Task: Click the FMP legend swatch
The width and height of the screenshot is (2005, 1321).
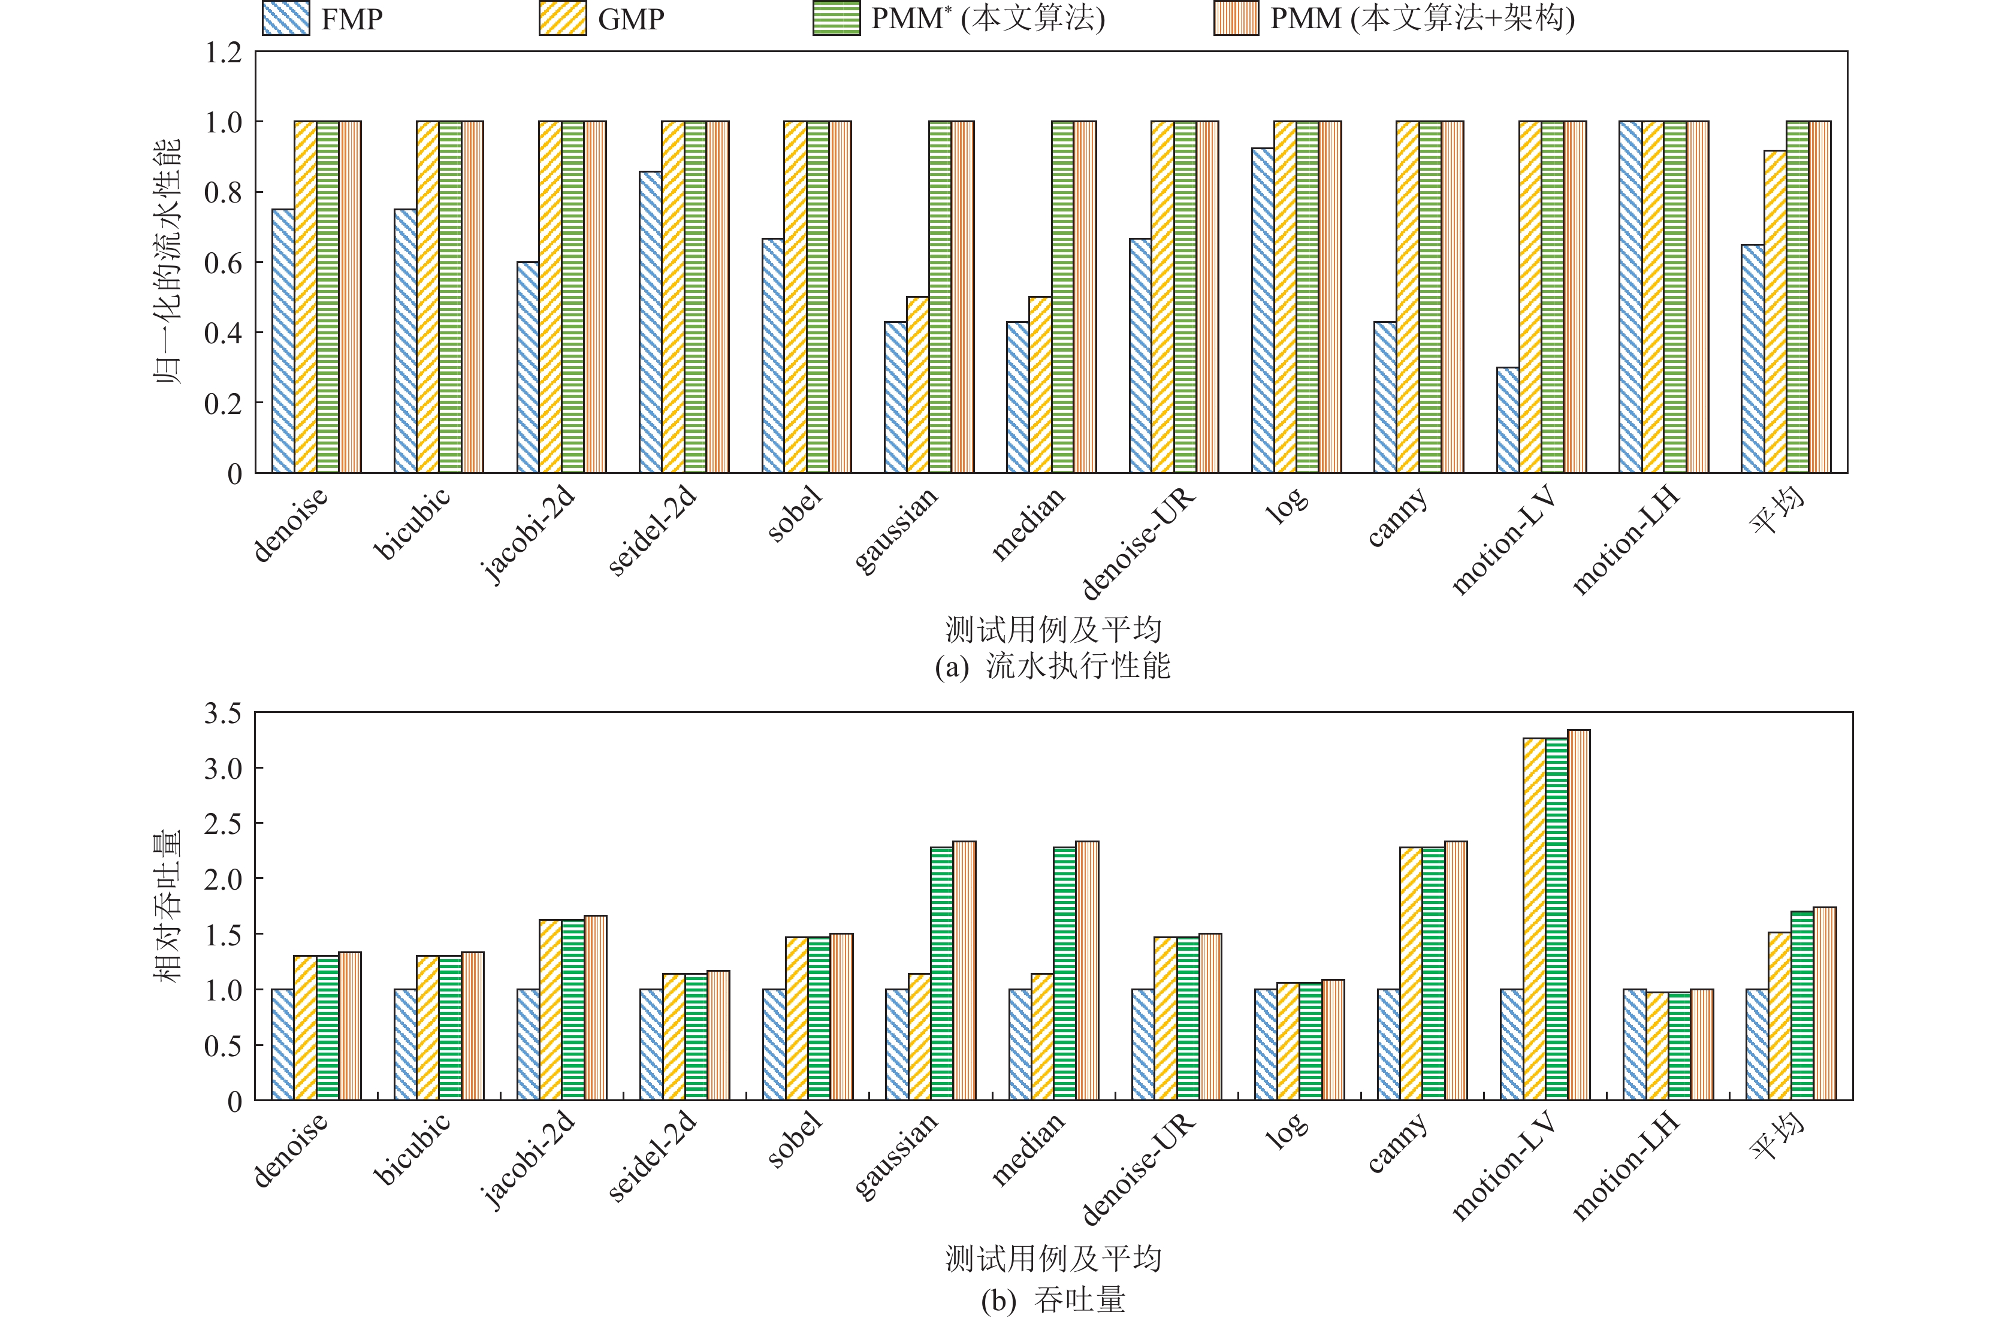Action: tap(286, 19)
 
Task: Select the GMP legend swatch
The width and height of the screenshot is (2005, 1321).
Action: tap(562, 19)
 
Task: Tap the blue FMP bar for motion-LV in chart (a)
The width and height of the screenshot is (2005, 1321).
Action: tap(1507, 419)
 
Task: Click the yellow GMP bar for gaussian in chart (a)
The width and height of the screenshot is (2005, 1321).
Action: tap(917, 384)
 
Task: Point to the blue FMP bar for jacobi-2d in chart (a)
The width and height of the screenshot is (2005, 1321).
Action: tap(527, 367)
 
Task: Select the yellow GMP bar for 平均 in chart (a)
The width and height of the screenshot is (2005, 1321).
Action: tap(1775, 312)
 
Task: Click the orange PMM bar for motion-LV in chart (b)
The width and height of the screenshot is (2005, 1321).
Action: tap(1578, 915)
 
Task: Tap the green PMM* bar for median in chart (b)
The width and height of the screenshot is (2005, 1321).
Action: tap(1064, 974)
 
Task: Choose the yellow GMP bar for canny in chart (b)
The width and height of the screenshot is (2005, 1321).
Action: tap(1410, 974)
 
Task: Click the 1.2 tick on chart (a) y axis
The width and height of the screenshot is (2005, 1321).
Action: tap(224, 52)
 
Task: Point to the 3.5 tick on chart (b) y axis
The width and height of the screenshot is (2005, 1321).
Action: tap(224, 714)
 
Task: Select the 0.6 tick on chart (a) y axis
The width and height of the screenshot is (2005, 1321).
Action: tap(224, 263)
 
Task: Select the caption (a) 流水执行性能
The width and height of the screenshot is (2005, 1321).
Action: tap(1052, 666)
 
